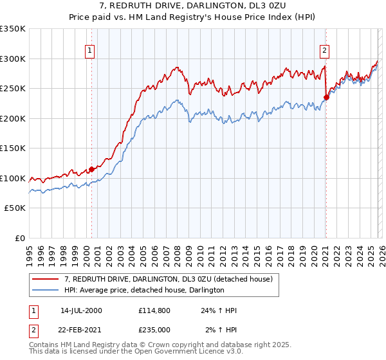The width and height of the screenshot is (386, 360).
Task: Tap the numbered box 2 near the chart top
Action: click(x=325, y=50)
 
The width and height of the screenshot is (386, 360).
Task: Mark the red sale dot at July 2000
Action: click(x=92, y=170)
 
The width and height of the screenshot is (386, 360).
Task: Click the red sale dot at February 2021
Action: click(x=327, y=98)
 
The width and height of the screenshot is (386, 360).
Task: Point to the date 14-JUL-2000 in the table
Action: click(x=80, y=310)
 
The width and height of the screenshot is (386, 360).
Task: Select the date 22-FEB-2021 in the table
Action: click(x=81, y=330)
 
